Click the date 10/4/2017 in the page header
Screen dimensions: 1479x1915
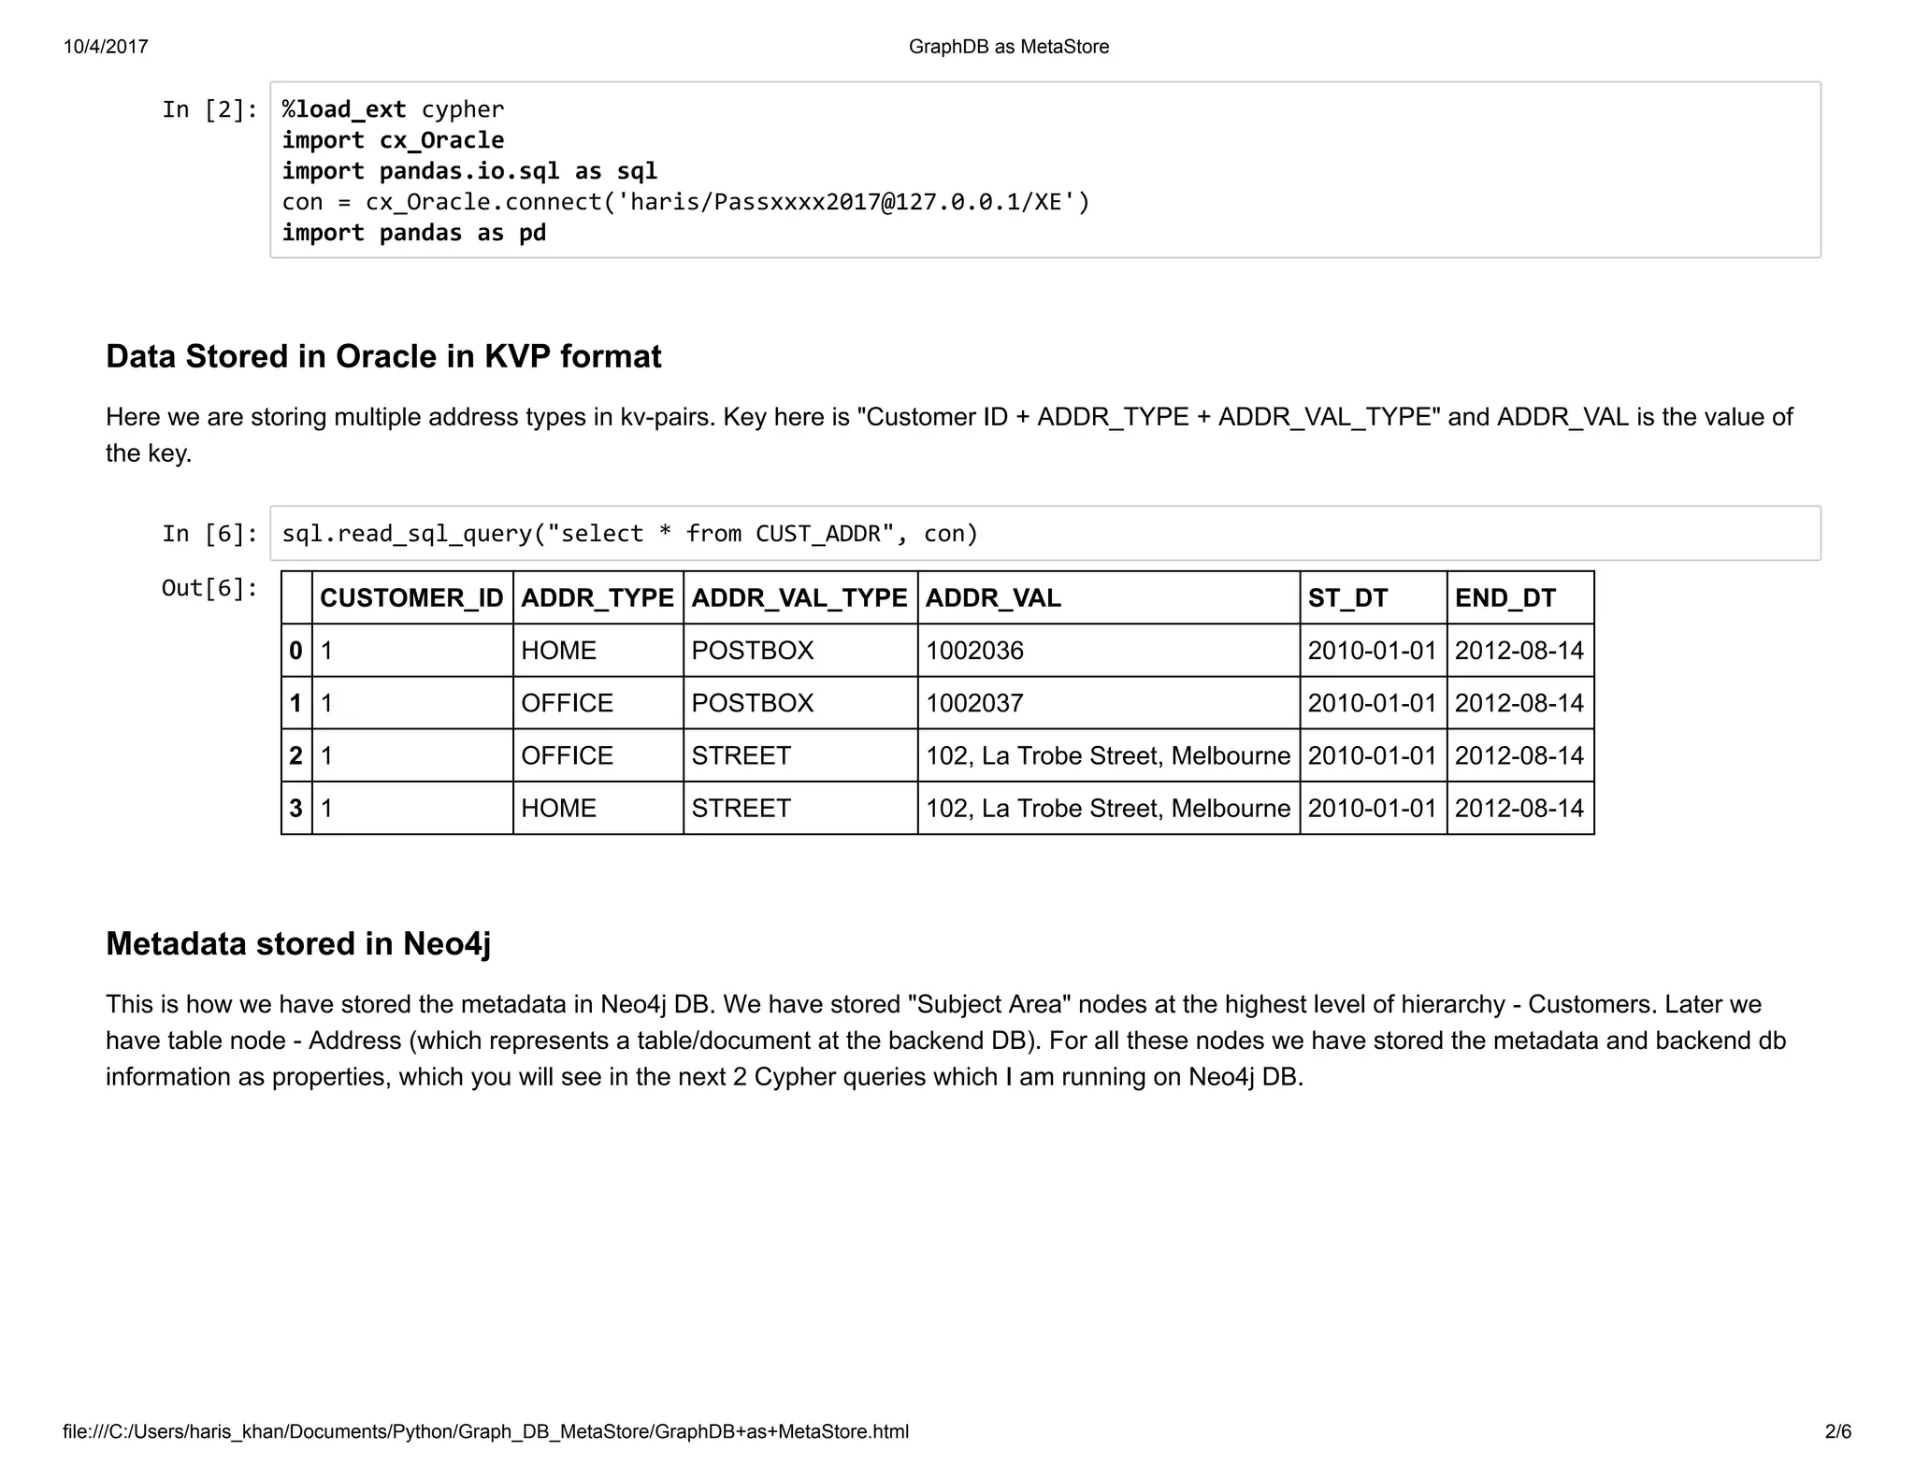tap(106, 47)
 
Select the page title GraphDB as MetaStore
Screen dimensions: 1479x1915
tap(1008, 47)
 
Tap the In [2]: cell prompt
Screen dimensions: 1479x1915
tap(209, 110)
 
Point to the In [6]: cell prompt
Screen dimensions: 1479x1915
tap(209, 534)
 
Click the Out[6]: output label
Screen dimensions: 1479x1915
tap(209, 588)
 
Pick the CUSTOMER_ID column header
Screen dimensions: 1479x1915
tap(411, 598)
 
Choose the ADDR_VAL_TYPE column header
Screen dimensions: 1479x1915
tap(799, 598)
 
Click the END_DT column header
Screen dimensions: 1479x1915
tap(1505, 598)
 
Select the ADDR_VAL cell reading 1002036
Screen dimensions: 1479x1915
tap(974, 651)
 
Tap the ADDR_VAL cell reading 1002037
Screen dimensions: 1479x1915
tap(974, 703)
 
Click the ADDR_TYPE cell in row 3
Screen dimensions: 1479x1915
tap(558, 808)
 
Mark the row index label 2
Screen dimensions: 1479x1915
tap(295, 755)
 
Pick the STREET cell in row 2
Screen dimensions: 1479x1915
tap(741, 755)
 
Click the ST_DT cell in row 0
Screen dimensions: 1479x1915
tap(1372, 651)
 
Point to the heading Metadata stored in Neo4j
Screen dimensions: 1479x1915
tap(298, 944)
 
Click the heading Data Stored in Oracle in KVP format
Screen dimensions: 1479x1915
tap(383, 357)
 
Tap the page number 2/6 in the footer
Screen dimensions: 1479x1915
tap(1837, 1431)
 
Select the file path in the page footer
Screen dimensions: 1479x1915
tap(485, 1431)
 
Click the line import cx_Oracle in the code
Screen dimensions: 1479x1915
tap(393, 140)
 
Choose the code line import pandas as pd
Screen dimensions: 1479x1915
tap(413, 233)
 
